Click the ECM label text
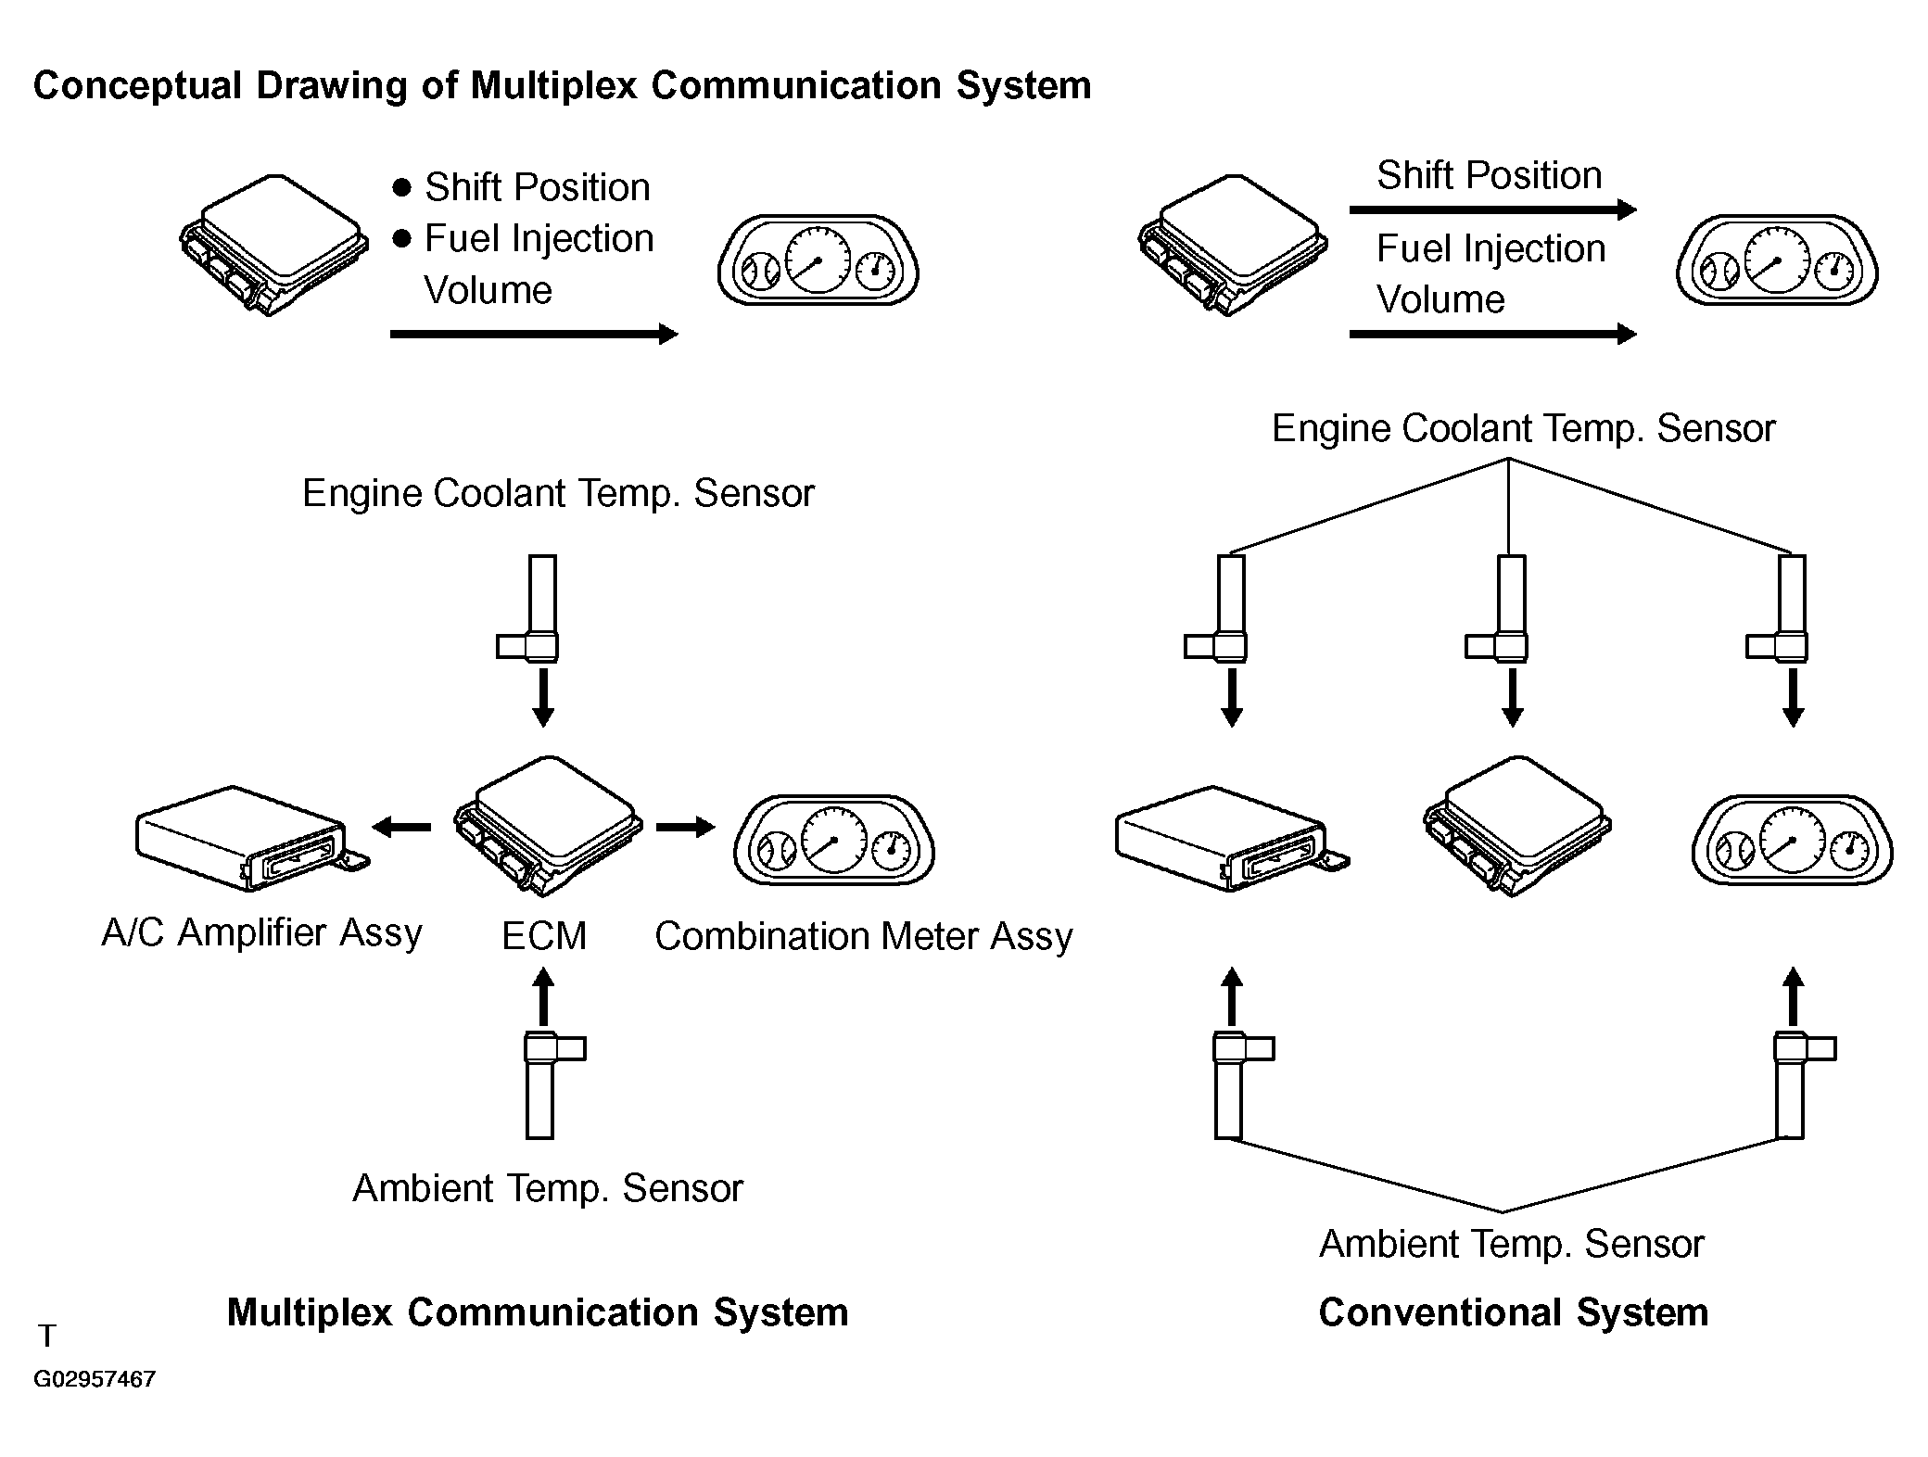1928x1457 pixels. (544, 936)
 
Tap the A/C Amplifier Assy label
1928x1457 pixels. (261, 932)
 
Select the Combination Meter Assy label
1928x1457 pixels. (864, 936)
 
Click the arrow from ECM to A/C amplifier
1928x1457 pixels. (401, 827)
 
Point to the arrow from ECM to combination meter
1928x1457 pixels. (686, 827)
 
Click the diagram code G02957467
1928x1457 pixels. (95, 1379)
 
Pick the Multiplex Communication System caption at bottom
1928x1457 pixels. (538, 1312)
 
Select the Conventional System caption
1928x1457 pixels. (1513, 1312)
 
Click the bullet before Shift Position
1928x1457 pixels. (401, 187)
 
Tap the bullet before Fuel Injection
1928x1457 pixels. (401, 239)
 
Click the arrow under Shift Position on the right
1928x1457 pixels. (1492, 210)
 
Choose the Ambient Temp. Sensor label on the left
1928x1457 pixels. (548, 1188)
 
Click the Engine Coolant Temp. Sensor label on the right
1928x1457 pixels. (1523, 428)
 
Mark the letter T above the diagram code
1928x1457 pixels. (47, 1336)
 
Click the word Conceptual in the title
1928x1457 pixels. (138, 85)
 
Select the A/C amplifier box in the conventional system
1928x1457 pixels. (1232, 839)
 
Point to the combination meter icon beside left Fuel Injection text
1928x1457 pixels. (818, 260)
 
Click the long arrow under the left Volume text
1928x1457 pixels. (535, 334)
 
